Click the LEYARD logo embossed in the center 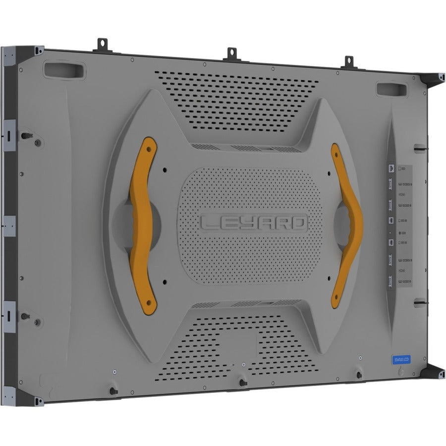[x=254, y=223]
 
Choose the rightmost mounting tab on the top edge [x=349, y=61]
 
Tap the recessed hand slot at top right [x=390, y=89]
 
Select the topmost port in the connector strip [x=391, y=168]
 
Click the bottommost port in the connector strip [x=391, y=282]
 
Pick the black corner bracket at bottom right [x=434, y=372]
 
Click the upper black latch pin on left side [x=24, y=135]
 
